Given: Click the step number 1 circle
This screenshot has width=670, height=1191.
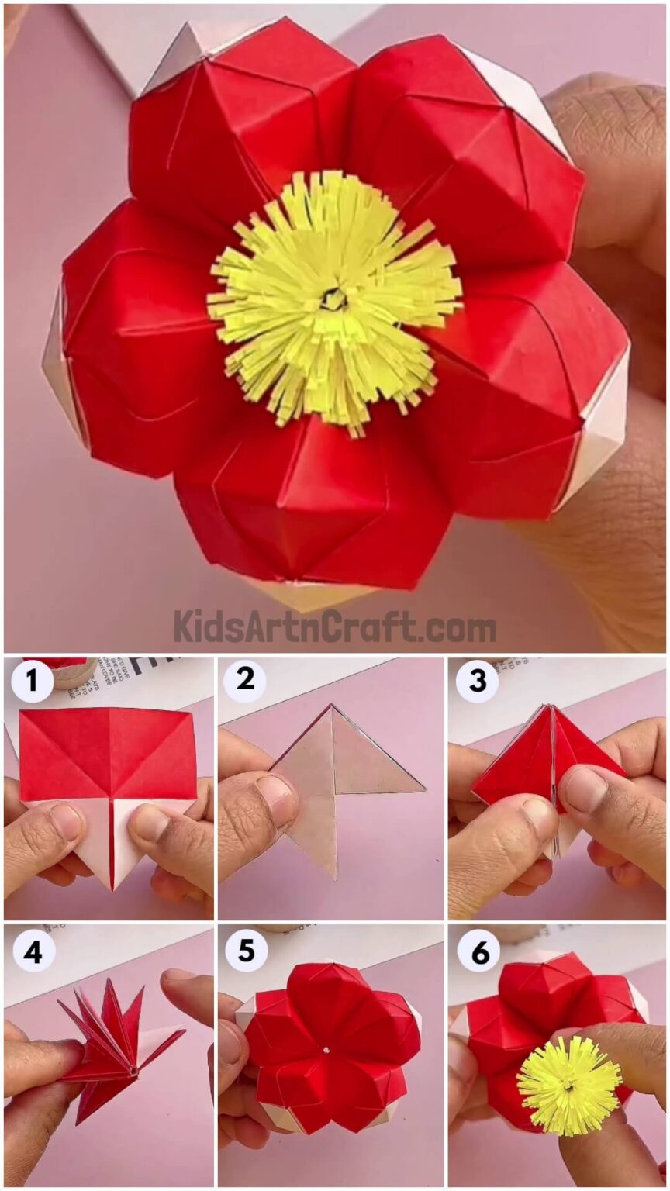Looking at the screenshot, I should click(32, 682).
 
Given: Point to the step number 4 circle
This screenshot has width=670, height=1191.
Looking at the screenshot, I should click(32, 951).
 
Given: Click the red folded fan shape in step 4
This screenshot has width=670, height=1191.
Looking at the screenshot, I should click(109, 1031).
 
